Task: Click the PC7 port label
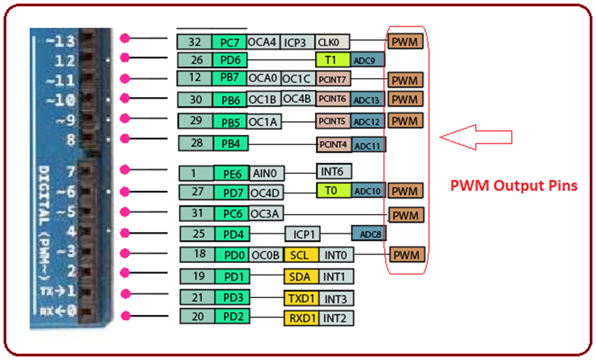(x=229, y=42)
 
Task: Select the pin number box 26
(x=195, y=60)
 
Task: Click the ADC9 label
(x=367, y=60)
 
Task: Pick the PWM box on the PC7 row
(x=405, y=42)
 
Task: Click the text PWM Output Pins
(x=514, y=186)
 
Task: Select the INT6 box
(x=334, y=171)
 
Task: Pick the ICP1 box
(x=302, y=234)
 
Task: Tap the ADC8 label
(x=368, y=233)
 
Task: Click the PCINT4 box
(x=334, y=144)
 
